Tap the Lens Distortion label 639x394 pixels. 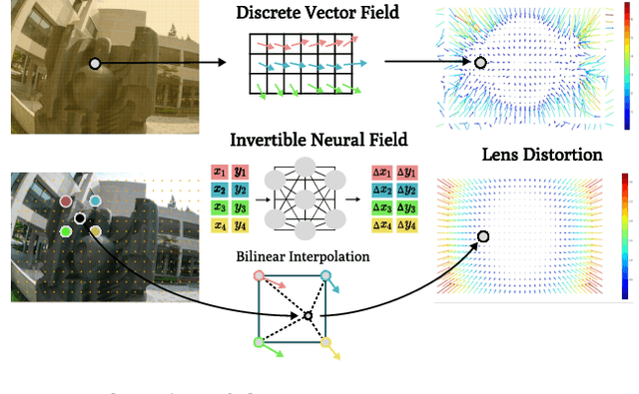542,155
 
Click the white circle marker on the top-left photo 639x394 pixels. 95,63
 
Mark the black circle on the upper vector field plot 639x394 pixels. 480,63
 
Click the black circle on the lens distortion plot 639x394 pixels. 483,236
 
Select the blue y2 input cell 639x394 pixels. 241,189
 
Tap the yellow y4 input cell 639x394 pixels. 241,224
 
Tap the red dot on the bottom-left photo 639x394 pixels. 66,201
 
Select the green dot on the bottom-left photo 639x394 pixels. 66,231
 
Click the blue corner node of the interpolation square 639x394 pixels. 325,276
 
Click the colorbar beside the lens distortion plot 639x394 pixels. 626,235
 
